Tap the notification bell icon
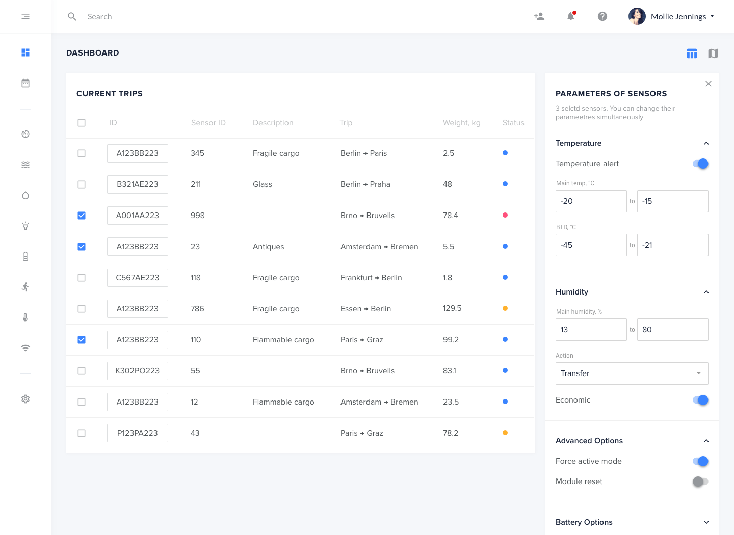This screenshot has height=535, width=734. pos(571,16)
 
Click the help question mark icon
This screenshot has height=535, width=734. pos(602,16)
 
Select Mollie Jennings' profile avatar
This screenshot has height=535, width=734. pos(637,16)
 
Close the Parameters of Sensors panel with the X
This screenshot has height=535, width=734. pos(709,84)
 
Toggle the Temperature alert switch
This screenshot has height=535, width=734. pos(700,164)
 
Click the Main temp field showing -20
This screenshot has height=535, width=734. pos(591,201)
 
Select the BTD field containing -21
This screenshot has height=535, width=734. pos(672,245)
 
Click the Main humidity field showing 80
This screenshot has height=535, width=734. pos(672,330)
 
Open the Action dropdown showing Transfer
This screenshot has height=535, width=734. pos(632,373)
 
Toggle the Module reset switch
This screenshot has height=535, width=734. pos(700,481)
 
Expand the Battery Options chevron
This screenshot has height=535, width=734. pos(706,522)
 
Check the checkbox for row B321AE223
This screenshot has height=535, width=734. pos(82,184)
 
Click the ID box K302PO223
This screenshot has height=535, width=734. pos(138,371)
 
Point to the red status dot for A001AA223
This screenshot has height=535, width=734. pos(505,215)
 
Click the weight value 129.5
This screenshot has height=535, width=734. pos(452,308)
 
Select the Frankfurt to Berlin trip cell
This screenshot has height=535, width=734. pos(371,278)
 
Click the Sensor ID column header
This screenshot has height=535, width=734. pos(208,123)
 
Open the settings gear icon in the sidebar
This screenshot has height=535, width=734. pos(25,399)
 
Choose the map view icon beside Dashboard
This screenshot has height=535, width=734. pos(713,53)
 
